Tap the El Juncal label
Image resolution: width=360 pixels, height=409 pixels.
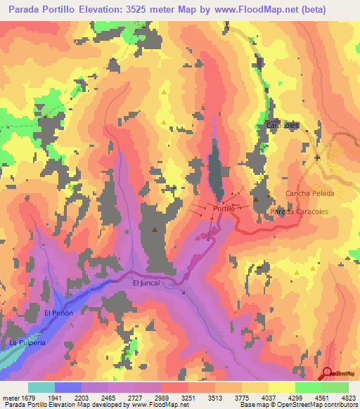[x=146, y=283]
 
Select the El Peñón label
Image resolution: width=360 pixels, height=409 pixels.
[x=58, y=313]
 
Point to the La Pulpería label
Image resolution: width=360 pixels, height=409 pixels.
[x=27, y=342]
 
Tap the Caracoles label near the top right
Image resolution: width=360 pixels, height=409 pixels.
[x=283, y=125]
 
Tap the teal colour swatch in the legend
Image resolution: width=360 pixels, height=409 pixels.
[x=41, y=387]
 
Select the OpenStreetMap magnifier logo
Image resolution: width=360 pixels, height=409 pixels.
[x=328, y=372]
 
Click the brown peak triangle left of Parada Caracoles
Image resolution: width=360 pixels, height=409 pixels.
[x=257, y=200]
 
